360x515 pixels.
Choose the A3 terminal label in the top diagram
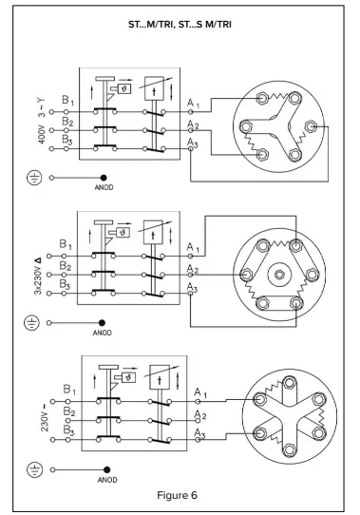point(194,141)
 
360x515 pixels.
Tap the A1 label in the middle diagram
point(194,248)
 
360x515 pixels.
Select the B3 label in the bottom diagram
point(67,429)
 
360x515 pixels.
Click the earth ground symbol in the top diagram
point(34,177)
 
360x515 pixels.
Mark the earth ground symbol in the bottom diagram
point(34,468)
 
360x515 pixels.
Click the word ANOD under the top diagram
point(104,188)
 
